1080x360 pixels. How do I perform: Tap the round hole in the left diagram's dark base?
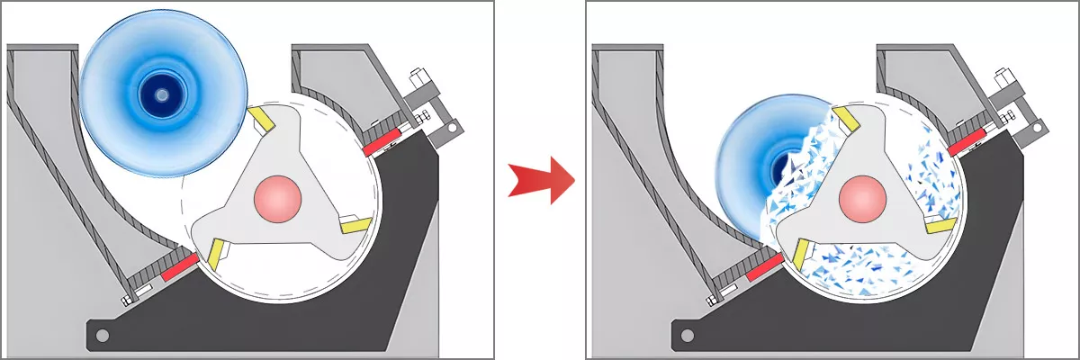pyautogui.click(x=103, y=337)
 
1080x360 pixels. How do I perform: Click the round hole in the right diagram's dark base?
pyautogui.click(x=687, y=337)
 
